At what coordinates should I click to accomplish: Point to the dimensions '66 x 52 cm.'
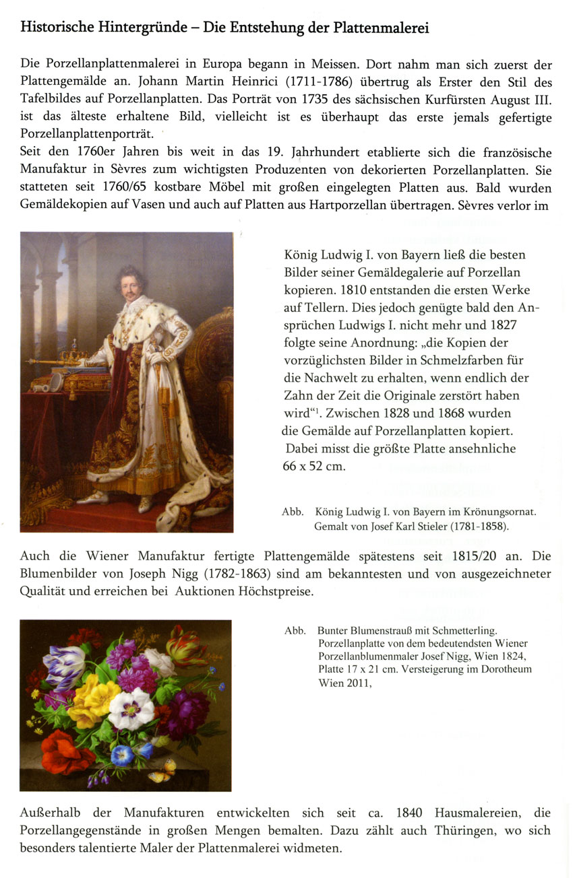pos(313,466)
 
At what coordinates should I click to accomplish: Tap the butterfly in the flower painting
pos(162,770)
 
